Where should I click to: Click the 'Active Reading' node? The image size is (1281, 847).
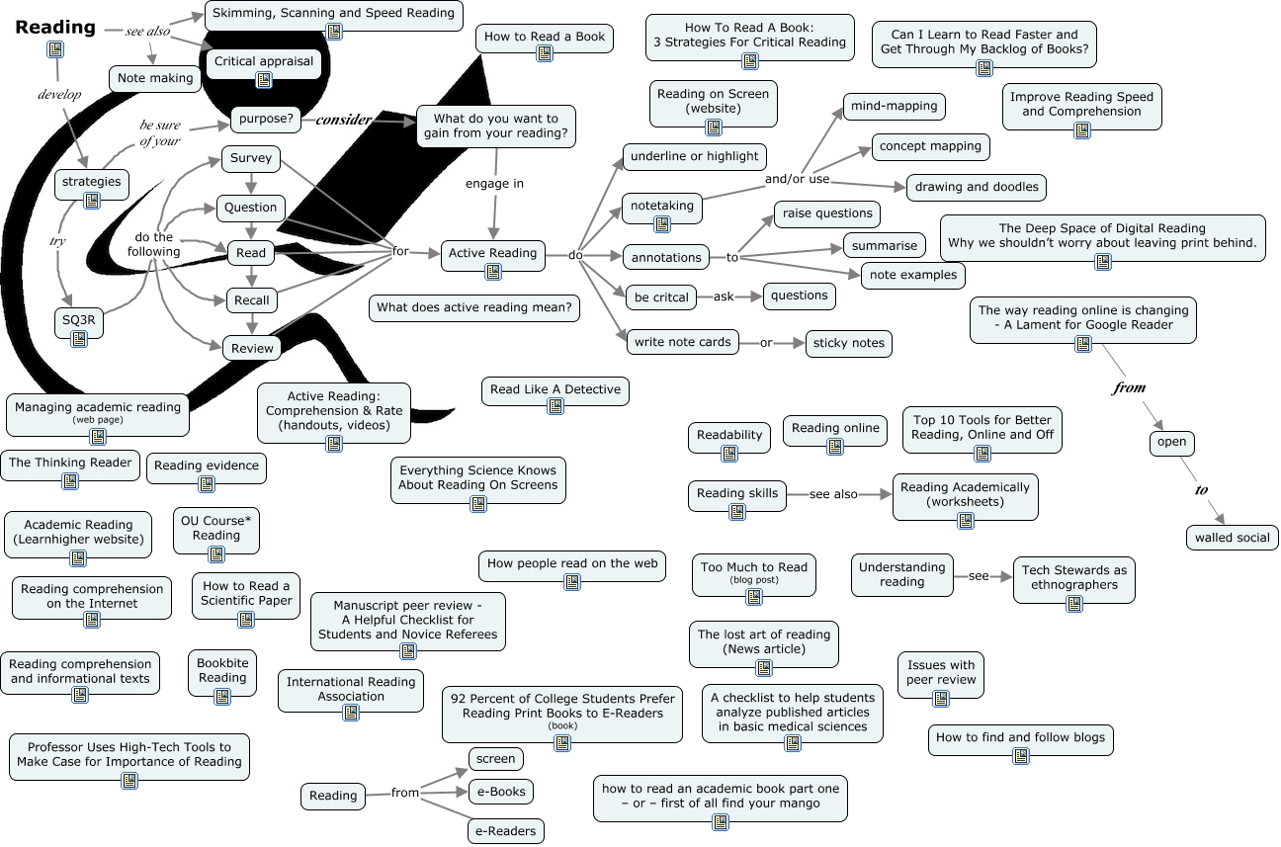(x=492, y=253)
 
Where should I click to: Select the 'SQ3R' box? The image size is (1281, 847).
(x=79, y=319)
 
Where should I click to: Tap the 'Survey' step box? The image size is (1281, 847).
(x=251, y=159)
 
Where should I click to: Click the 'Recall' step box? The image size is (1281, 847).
(x=251, y=300)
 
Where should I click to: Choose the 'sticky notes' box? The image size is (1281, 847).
(x=848, y=343)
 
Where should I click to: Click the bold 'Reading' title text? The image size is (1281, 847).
(x=55, y=28)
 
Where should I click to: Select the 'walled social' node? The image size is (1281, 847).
(x=1232, y=538)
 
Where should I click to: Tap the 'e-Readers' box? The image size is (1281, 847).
(x=505, y=831)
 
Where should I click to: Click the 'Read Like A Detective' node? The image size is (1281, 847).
(x=555, y=389)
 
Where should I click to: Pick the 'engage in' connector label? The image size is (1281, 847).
(x=494, y=183)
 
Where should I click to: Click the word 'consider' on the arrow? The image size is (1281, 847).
(x=343, y=120)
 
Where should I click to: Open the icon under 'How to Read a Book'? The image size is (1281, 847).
(x=544, y=53)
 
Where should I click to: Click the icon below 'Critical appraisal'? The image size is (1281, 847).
(x=264, y=80)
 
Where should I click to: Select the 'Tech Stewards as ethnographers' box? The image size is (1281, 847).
(x=1073, y=577)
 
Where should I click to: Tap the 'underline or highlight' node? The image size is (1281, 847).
(x=694, y=156)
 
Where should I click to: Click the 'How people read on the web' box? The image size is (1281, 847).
(x=572, y=563)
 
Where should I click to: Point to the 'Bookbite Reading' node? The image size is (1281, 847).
(x=222, y=671)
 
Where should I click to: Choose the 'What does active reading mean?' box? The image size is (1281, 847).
(x=473, y=307)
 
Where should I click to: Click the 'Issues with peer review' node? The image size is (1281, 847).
(x=941, y=672)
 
